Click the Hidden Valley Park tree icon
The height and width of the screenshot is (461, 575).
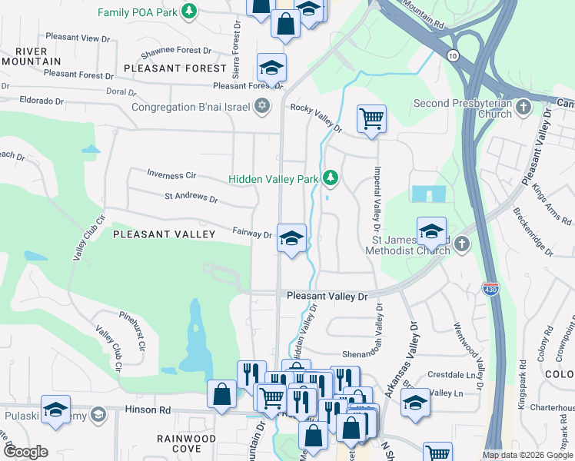coord(331,178)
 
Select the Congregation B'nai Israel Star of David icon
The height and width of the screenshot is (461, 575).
coord(262,106)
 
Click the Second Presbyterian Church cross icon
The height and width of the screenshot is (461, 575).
coord(523,108)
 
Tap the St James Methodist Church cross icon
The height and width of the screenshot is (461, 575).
coord(461,244)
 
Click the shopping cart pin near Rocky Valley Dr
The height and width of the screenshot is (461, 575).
coord(371,119)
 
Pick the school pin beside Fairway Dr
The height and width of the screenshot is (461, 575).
coord(291,238)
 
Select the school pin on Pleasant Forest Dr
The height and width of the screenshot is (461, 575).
coord(271,68)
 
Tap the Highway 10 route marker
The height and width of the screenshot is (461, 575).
coord(454,55)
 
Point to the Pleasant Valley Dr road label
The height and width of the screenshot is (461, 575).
coord(327,296)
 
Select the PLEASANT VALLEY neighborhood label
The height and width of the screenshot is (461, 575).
coord(164,234)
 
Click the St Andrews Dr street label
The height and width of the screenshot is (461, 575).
coord(191,197)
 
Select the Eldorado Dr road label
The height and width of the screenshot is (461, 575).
coord(32,101)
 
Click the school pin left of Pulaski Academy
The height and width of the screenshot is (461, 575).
coord(56,410)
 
